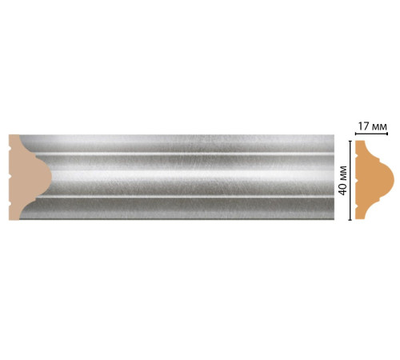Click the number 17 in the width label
click(363, 125)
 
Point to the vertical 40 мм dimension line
click(350, 179)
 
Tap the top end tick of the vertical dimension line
click(350, 140)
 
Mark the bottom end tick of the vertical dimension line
click(350, 218)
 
